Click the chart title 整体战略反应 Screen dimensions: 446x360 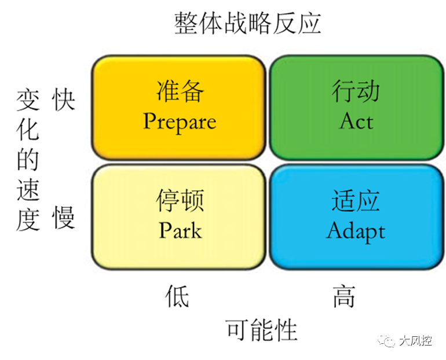coord(247,24)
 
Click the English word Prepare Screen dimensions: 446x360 coord(180,122)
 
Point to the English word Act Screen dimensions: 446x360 coord(356,121)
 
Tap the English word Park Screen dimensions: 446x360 coord(180,230)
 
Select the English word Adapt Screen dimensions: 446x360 coord(356,230)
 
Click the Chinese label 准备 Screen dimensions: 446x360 coord(180,92)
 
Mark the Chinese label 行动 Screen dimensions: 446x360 coord(356,92)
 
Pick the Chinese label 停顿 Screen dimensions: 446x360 coord(180,201)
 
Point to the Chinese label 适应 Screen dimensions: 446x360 coord(356,201)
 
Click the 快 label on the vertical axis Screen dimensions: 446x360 coord(63,100)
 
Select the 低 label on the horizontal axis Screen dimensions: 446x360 coord(177,296)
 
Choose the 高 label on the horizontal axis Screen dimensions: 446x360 coord(343,296)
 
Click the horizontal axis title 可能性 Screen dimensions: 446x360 coord(261,330)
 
